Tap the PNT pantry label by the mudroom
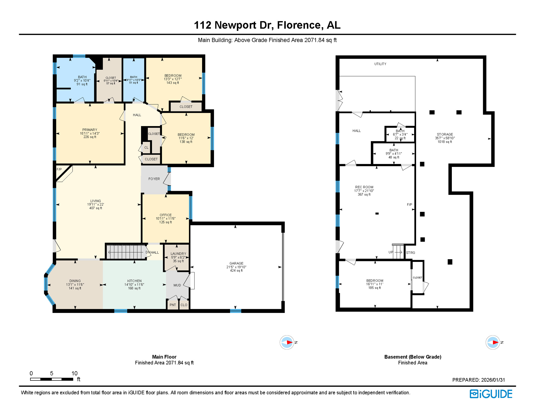(x=173, y=305)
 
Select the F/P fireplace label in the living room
(x=59, y=169)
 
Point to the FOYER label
(x=154, y=179)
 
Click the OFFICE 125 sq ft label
(x=166, y=218)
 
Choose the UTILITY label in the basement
(x=380, y=64)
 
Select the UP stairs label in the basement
(x=390, y=252)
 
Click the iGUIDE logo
(x=491, y=394)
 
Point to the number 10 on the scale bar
(x=74, y=373)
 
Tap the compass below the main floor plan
(x=287, y=342)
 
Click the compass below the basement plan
(x=493, y=342)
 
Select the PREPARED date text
(x=478, y=380)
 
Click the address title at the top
(x=267, y=25)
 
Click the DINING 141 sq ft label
(x=75, y=284)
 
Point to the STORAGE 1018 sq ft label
(x=445, y=138)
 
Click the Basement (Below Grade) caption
(x=413, y=357)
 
